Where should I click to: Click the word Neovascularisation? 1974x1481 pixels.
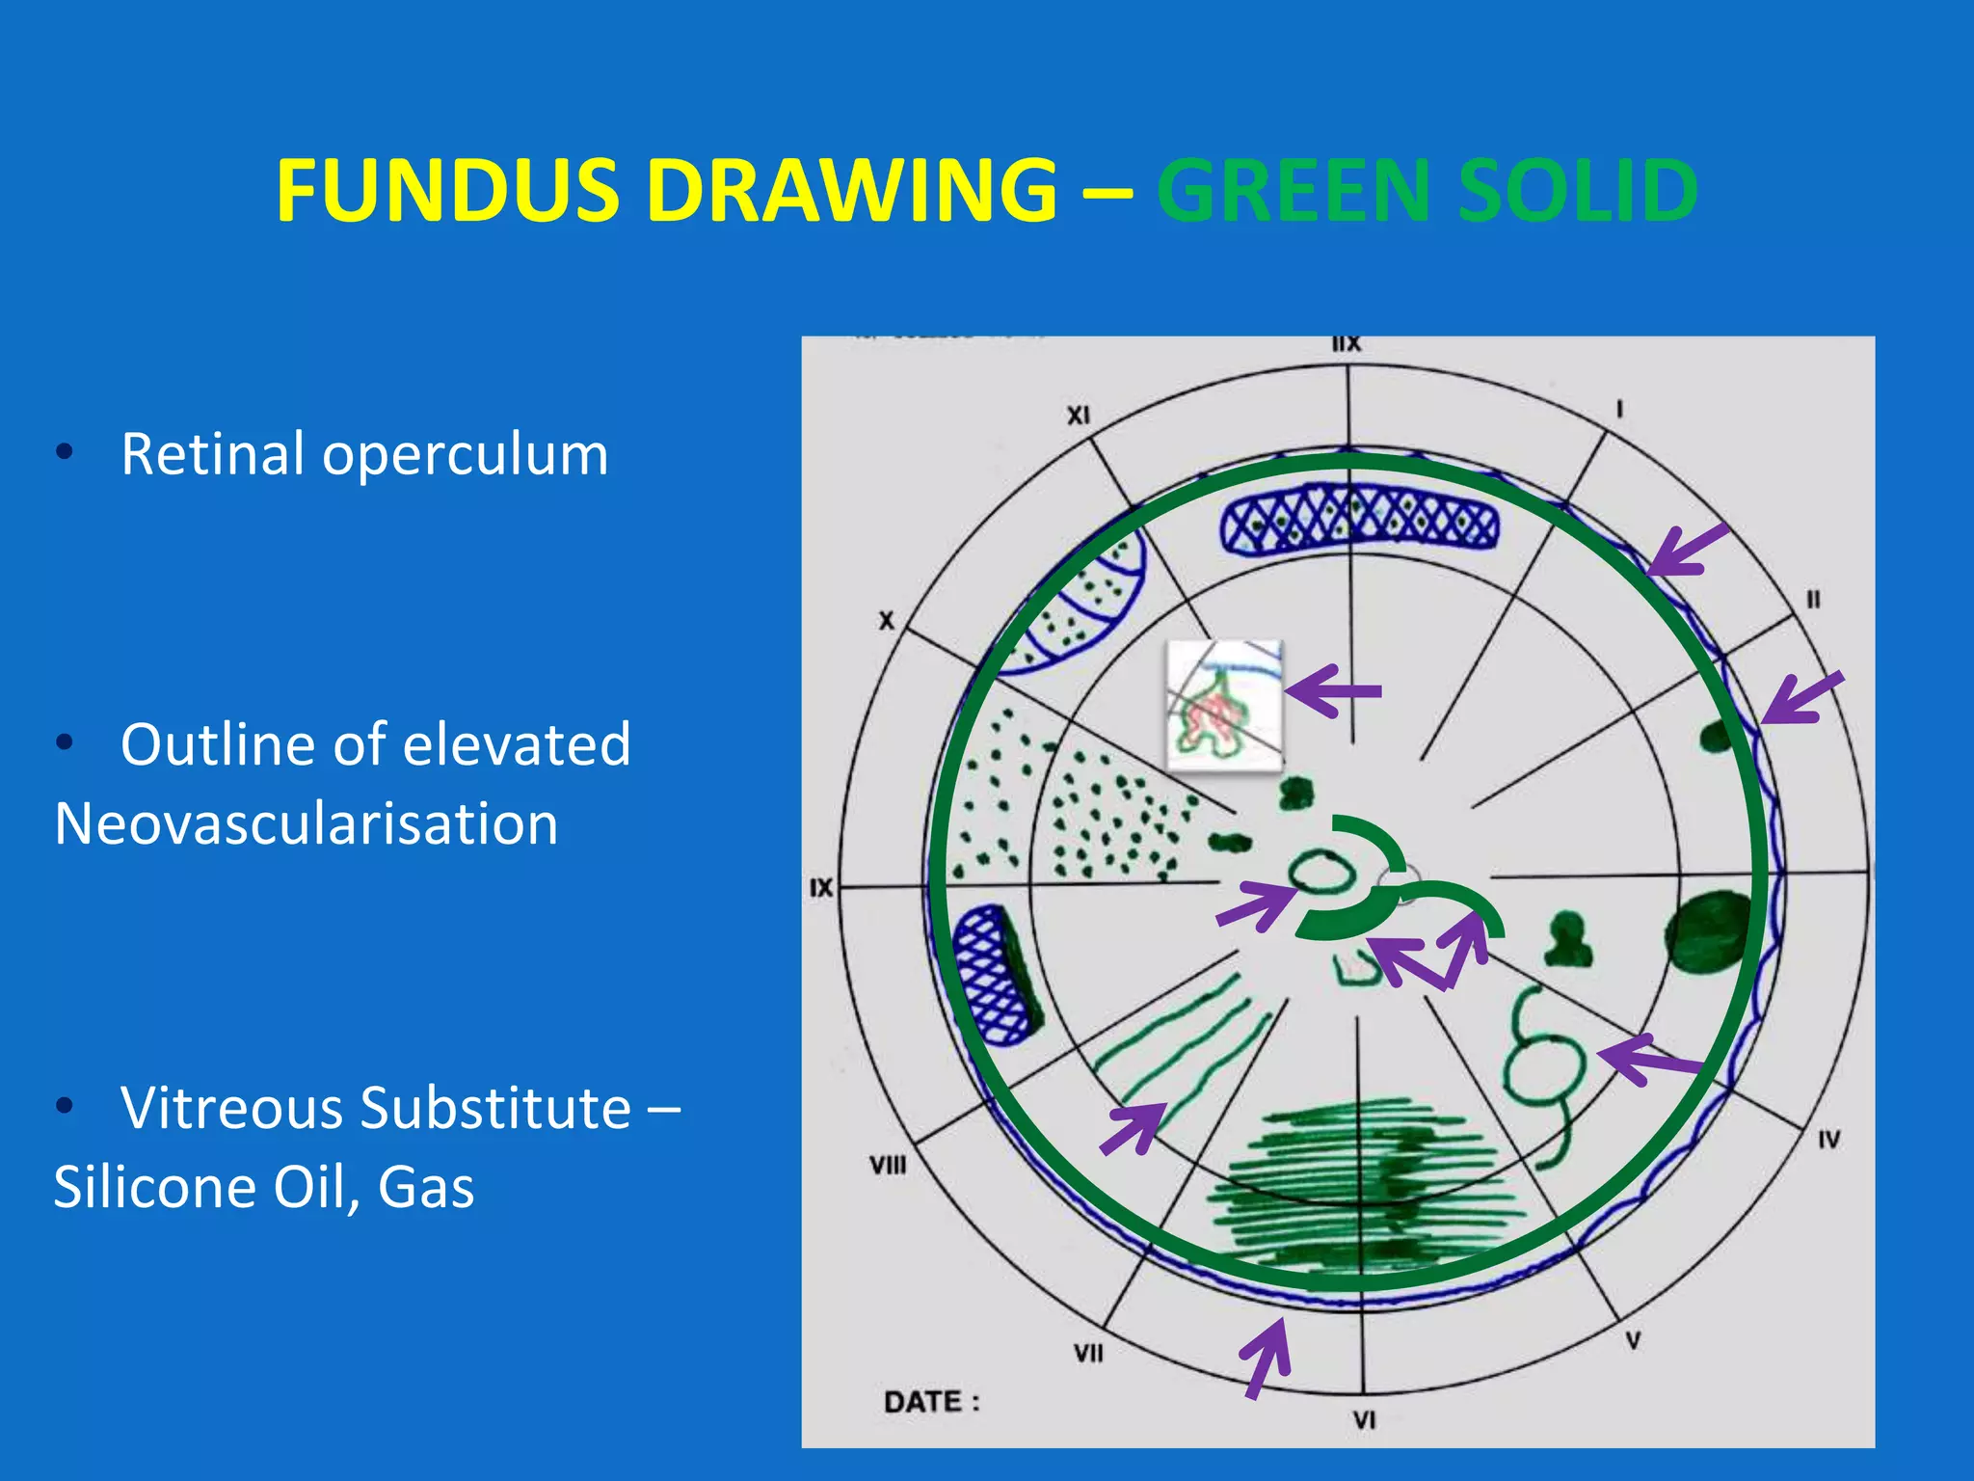tap(307, 824)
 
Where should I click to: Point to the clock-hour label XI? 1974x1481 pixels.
tap(1078, 415)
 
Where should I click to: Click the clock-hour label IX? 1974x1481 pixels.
tap(820, 887)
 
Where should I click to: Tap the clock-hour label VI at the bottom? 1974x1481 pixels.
tap(1363, 1419)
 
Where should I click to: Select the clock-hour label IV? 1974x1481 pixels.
tap(1828, 1140)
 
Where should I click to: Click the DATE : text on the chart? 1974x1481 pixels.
tap(931, 1401)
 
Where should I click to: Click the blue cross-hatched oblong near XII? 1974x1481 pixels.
tap(1359, 521)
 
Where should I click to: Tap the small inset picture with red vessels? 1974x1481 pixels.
tap(1224, 706)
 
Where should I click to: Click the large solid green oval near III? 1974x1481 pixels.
tap(1708, 932)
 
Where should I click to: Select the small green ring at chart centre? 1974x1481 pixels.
tap(1322, 874)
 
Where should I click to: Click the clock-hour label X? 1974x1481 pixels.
tap(886, 621)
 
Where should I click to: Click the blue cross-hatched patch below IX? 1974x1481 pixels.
tap(996, 975)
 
